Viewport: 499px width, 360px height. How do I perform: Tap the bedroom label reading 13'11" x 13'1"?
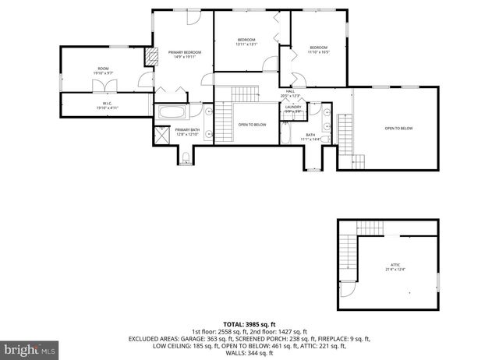246,41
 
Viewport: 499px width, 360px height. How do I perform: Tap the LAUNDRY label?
292,108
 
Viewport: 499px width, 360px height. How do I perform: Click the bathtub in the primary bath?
168,112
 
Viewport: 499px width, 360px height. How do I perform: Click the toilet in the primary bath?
184,159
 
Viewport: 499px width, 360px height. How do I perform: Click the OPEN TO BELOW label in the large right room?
398,128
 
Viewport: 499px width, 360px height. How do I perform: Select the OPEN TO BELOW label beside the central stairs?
253,125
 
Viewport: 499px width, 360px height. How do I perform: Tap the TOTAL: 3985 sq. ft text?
249,323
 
